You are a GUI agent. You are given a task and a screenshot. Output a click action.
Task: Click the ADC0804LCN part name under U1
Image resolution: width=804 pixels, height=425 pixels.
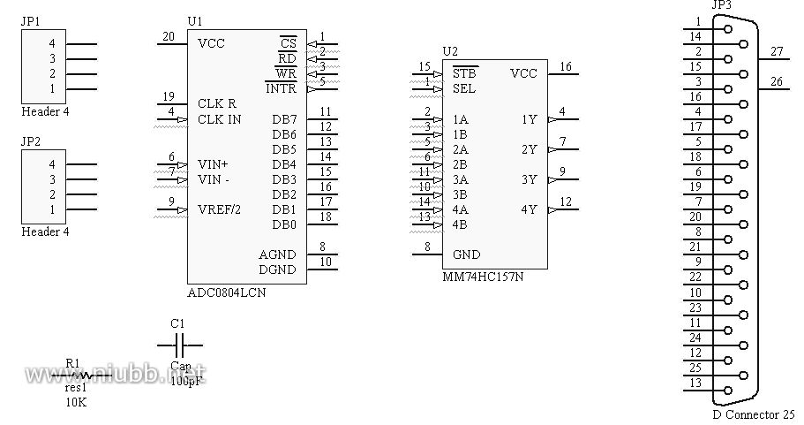(227, 293)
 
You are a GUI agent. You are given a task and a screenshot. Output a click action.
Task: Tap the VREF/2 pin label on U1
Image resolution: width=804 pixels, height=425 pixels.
(220, 209)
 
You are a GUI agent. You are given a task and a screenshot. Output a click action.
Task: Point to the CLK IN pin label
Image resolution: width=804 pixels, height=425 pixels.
(220, 119)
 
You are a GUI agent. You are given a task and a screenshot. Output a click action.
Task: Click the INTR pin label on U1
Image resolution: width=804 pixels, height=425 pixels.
(281, 88)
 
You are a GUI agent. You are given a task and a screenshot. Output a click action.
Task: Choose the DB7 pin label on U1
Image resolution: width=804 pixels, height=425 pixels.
(284, 119)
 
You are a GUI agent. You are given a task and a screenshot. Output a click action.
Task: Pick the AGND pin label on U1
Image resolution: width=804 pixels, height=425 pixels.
(277, 254)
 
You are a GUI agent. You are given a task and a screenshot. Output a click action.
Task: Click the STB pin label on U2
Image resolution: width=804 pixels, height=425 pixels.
(464, 73)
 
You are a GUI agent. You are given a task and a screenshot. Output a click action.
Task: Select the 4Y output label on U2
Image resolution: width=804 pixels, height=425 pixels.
(529, 209)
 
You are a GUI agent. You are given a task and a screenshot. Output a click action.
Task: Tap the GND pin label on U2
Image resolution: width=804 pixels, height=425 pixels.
(466, 254)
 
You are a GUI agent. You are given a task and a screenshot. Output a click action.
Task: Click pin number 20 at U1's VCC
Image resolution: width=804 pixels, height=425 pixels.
(169, 36)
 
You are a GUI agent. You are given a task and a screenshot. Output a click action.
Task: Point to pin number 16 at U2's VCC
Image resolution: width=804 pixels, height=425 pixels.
(566, 66)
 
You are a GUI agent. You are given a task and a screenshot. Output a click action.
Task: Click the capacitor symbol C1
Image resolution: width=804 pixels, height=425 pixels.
(179, 345)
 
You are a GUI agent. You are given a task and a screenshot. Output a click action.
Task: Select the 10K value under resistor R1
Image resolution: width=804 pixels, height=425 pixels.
(76, 401)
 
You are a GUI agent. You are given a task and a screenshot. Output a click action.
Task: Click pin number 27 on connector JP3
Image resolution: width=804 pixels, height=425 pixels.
(777, 51)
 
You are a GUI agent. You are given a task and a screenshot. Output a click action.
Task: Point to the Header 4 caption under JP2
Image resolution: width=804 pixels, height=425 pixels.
(45, 232)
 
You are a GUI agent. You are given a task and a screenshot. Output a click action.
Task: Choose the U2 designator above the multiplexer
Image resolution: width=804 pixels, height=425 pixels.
(450, 51)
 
